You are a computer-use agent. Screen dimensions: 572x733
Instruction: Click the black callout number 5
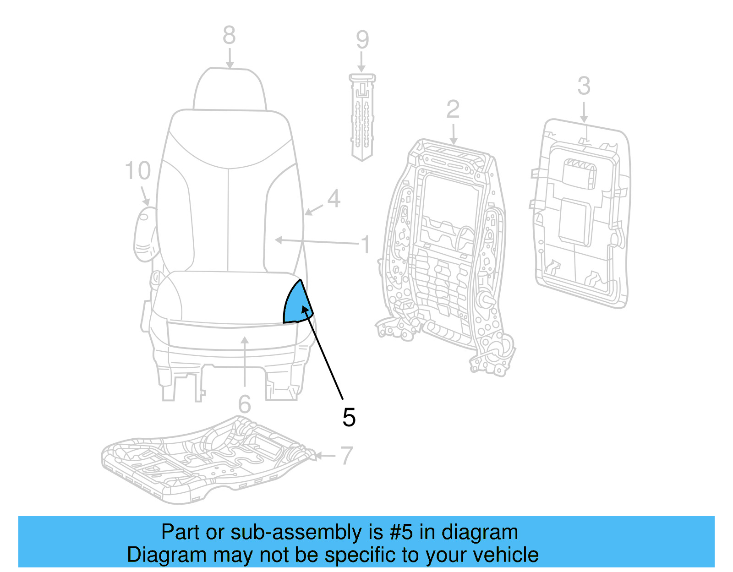pos(349,418)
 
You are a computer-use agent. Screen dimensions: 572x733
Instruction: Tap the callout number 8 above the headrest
pos(229,35)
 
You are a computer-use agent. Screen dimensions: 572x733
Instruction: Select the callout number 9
pos(362,40)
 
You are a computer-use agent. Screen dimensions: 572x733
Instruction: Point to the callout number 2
pos(453,109)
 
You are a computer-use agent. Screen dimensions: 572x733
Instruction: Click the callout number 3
pos(584,86)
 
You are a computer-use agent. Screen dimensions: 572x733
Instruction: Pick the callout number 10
pos(137,171)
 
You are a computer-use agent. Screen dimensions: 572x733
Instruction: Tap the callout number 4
pos(334,199)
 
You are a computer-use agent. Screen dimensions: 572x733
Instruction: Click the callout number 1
pos(365,245)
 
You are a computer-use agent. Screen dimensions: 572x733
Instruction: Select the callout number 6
pos(245,404)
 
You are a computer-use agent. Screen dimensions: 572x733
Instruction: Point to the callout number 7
pos(346,456)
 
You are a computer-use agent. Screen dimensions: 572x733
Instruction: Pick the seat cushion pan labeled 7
pos(206,458)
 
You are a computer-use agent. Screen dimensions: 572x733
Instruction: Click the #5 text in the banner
pos(401,533)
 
